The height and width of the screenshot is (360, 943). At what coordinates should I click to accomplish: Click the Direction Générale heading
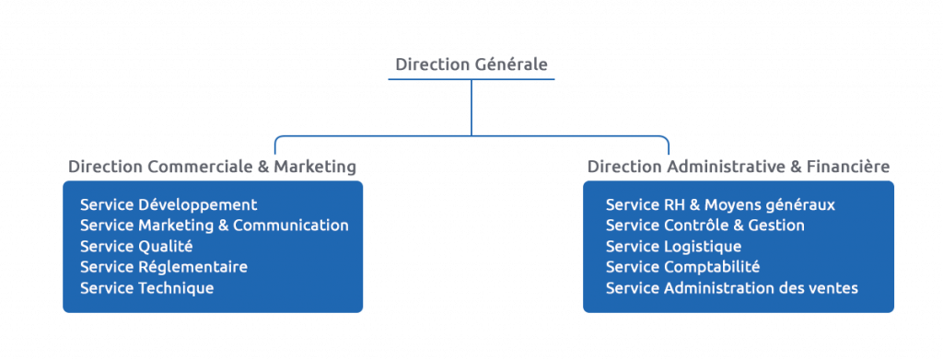(x=471, y=64)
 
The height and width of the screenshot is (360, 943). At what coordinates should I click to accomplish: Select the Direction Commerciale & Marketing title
(x=212, y=167)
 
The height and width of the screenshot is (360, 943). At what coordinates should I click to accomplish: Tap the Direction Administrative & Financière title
(x=738, y=167)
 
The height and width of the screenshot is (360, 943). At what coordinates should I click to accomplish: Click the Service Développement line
(x=169, y=204)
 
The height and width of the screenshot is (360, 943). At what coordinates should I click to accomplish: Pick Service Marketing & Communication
(x=214, y=226)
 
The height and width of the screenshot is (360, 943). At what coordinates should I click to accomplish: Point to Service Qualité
(x=136, y=246)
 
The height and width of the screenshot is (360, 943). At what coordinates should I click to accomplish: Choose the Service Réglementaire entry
(x=163, y=267)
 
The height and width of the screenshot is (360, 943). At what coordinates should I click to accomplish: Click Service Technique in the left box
(x=146, y=288)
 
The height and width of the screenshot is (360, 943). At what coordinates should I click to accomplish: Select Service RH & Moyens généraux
(x=720, y=204)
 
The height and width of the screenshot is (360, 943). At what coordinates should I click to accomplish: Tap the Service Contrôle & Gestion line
(x=704, y=226)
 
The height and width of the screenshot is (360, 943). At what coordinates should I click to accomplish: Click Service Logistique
(x=673, y=246)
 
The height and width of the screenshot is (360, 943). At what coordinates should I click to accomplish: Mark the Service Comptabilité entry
(x=682, y=267)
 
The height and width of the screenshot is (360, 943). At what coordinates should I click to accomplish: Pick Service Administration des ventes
(x=731, y=288)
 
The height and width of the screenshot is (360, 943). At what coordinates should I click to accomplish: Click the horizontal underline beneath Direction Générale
(x=471, y=80)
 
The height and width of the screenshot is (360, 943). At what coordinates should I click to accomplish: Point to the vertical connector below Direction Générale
(x=471, y=107)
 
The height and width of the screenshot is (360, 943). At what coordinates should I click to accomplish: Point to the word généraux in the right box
(x=802, y=205)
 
